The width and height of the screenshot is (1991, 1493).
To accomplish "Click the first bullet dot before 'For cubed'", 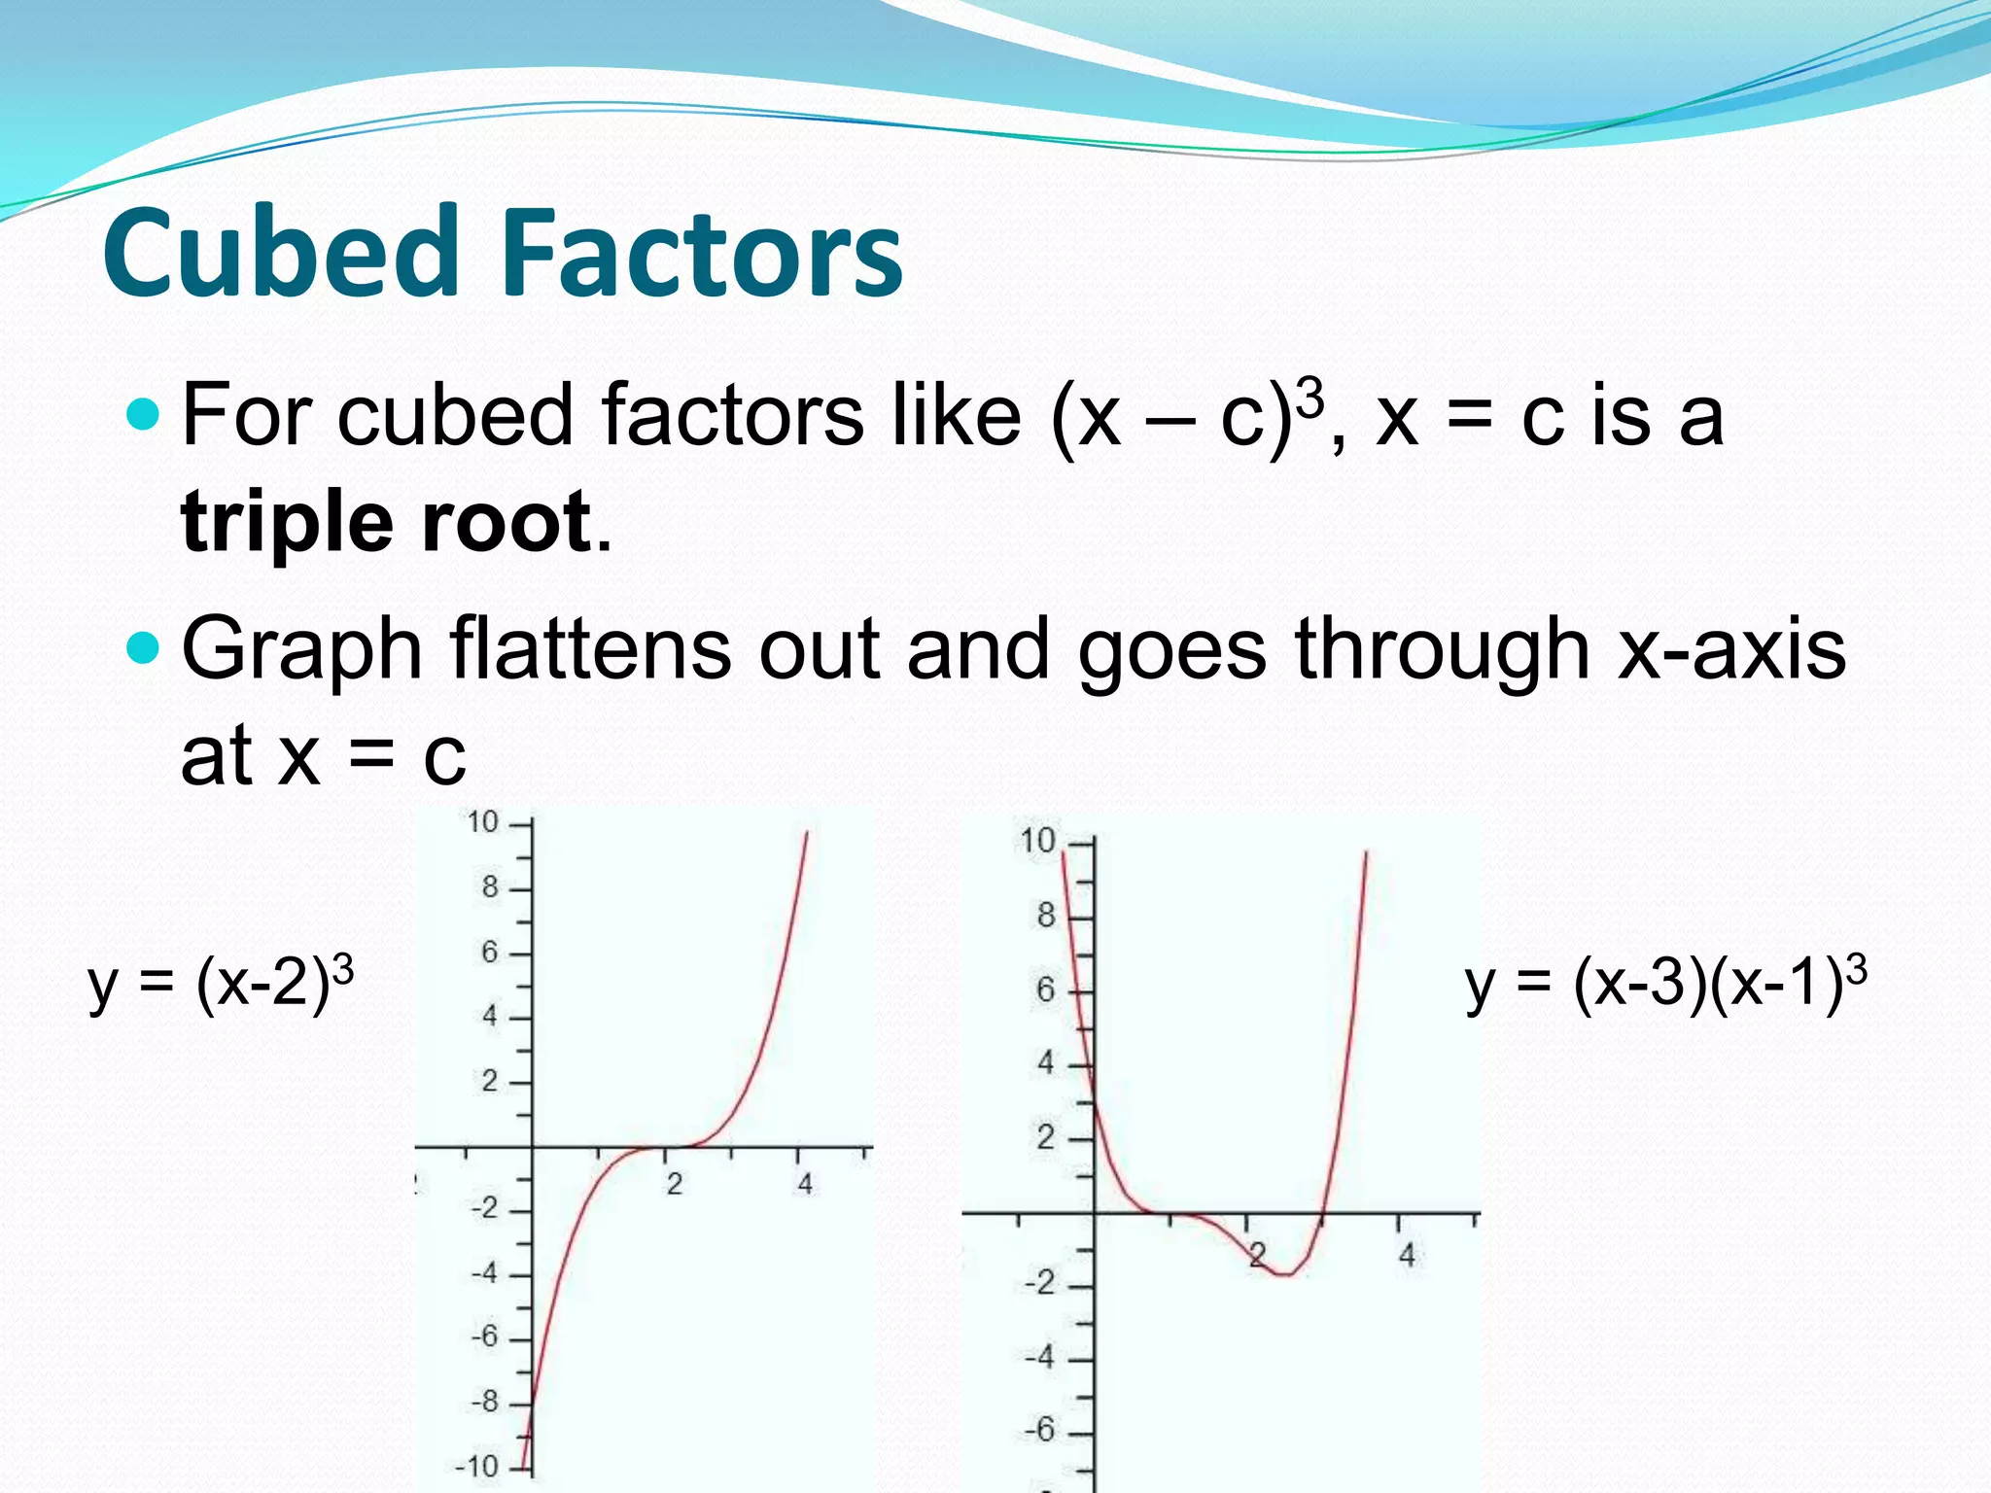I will click(142, 415).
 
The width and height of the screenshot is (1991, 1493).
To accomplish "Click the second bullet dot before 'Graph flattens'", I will click(142, 646).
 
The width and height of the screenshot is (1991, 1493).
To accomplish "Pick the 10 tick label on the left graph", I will click(482, 822).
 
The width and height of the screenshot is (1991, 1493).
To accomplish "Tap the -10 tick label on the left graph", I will click(476, 1466).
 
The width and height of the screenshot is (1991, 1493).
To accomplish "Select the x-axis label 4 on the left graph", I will click(805, 1185).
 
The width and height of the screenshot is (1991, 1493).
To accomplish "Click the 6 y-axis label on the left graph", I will click(490, 953).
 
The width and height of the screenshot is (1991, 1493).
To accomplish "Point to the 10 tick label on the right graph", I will click(1037, 840).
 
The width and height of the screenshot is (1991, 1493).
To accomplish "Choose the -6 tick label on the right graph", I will click(1039, 1430).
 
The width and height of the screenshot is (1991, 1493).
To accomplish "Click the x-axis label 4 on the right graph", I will click(1406, 1256).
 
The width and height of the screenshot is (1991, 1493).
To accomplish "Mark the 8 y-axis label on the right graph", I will click(1046, 915).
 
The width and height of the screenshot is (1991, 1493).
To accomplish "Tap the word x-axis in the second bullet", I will click(1730, 648).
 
